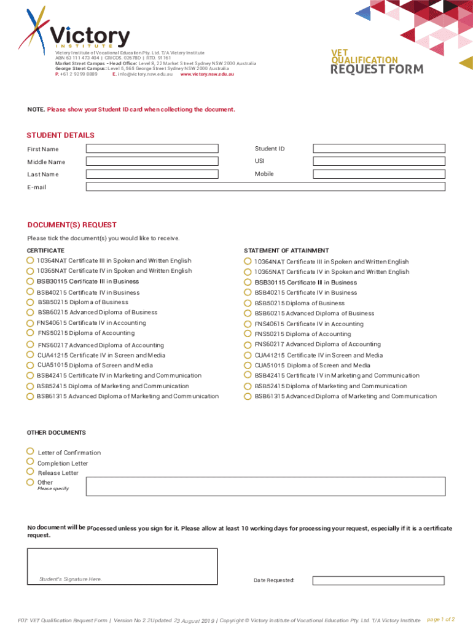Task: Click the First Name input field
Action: pyautogui.click(x=152, y=148)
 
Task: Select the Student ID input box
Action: pyautogui.click(x=378, y=148)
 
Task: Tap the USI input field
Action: pyautogui.click(x=378, y=161)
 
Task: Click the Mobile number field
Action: pyautogui.click(x=378, y=174)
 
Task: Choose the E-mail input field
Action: pyautogui.click(x=265, y=187)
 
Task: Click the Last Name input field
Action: pyautogui.click(x=152, y=174)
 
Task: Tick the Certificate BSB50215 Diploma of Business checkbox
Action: pyautogui.click(x=31, y=302)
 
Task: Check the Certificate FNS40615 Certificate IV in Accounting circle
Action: pyautogui.click(x=31, y=322)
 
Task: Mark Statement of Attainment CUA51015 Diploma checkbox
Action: pyautogui.click(x=248, y=365)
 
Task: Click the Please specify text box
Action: pyautogui.click(x=265, y=486)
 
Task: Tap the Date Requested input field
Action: pyautogui.click(x=378, y=580)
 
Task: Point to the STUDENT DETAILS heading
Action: pyautogui.click(x=60, y=135)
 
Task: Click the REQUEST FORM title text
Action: pyautogui.click(x=377, y=69)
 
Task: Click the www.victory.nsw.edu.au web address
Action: pyautogui.click(x=207, y=74)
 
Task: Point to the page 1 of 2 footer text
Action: pyautogui.click(x=440, y=619)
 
